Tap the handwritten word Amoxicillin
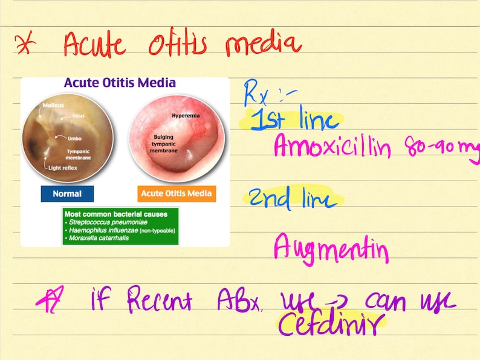pos(332,146)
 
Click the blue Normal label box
pos(67,194)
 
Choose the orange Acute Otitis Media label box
pos(176,194)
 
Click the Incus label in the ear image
pos(78,115)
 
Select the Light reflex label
pos(63,167)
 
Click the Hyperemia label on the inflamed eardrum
pos(185,115)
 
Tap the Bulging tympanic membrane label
pos(165,144)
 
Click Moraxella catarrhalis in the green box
pos(100,238)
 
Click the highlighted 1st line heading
pos(294,121)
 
